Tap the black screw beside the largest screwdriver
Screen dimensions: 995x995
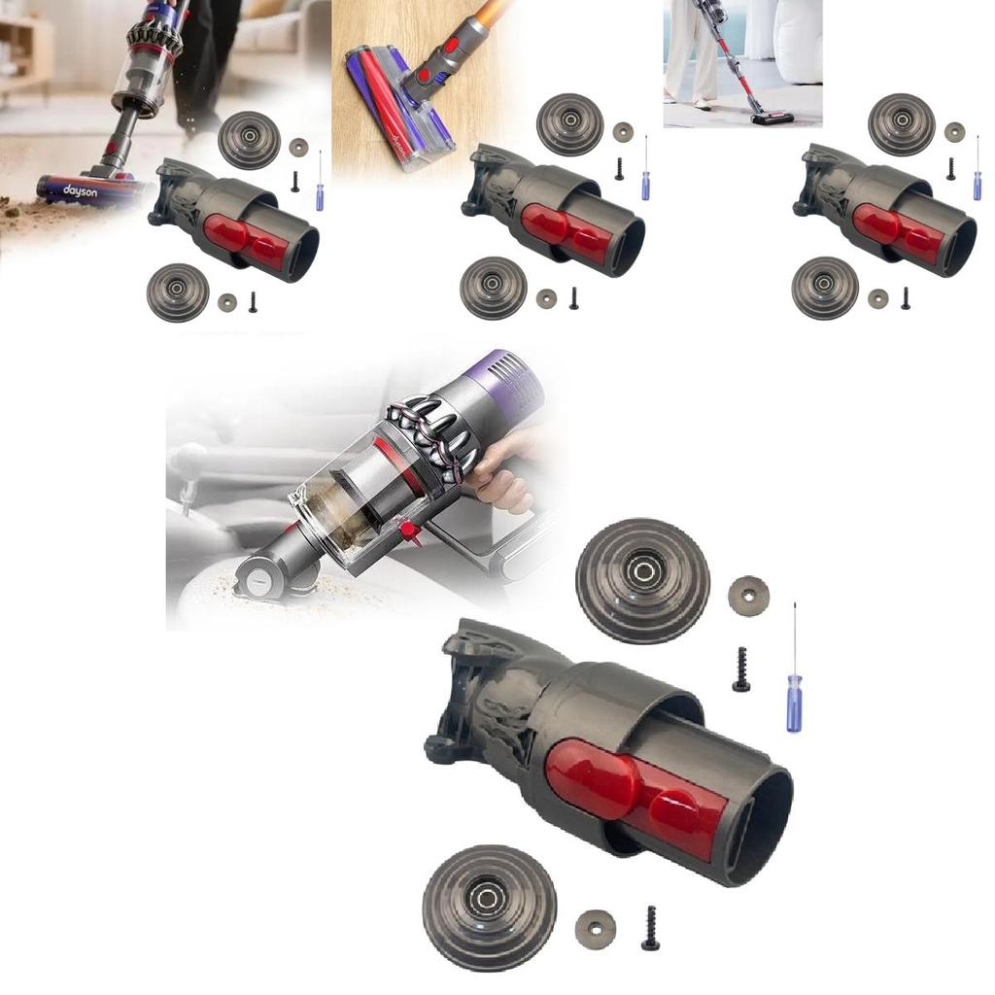click(x=741, y=670)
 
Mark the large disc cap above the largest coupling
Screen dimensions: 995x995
click(x=642, y=581)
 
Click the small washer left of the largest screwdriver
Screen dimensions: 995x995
click(x=748, y=596)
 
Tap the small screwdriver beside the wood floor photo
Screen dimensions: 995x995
click(x=645, y=170)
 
